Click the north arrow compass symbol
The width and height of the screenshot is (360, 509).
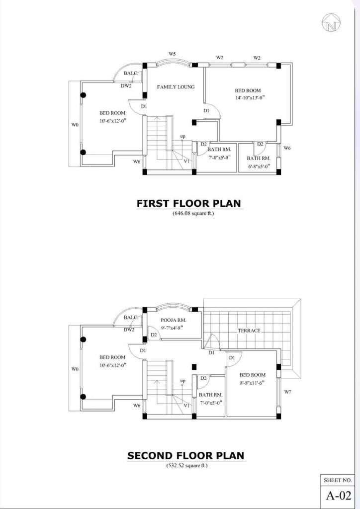[332, 22]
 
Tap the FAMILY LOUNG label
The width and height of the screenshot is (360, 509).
[176, 87]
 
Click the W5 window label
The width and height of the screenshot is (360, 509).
[172, 54]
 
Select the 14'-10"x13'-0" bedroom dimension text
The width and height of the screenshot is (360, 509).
[248, 97]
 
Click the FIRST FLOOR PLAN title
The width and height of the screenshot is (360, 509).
[188, 203]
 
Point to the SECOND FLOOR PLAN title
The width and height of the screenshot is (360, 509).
[185, 455]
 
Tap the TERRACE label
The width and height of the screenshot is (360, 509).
[249, 331]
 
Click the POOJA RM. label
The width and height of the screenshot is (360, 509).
[174, 321]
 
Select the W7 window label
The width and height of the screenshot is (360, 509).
[287, 392]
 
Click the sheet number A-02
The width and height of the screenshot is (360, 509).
[339, 496]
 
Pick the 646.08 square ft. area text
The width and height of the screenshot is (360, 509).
[193, 214]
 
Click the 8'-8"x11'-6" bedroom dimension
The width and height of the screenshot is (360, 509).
[252, 383]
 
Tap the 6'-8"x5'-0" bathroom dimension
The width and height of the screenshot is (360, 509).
[259, 166]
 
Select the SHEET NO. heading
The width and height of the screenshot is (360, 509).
[338, 480]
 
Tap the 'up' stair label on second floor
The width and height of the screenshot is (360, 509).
[183, 381]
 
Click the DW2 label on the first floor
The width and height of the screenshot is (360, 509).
[126, 86]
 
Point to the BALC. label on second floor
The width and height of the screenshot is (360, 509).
[131, 318]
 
